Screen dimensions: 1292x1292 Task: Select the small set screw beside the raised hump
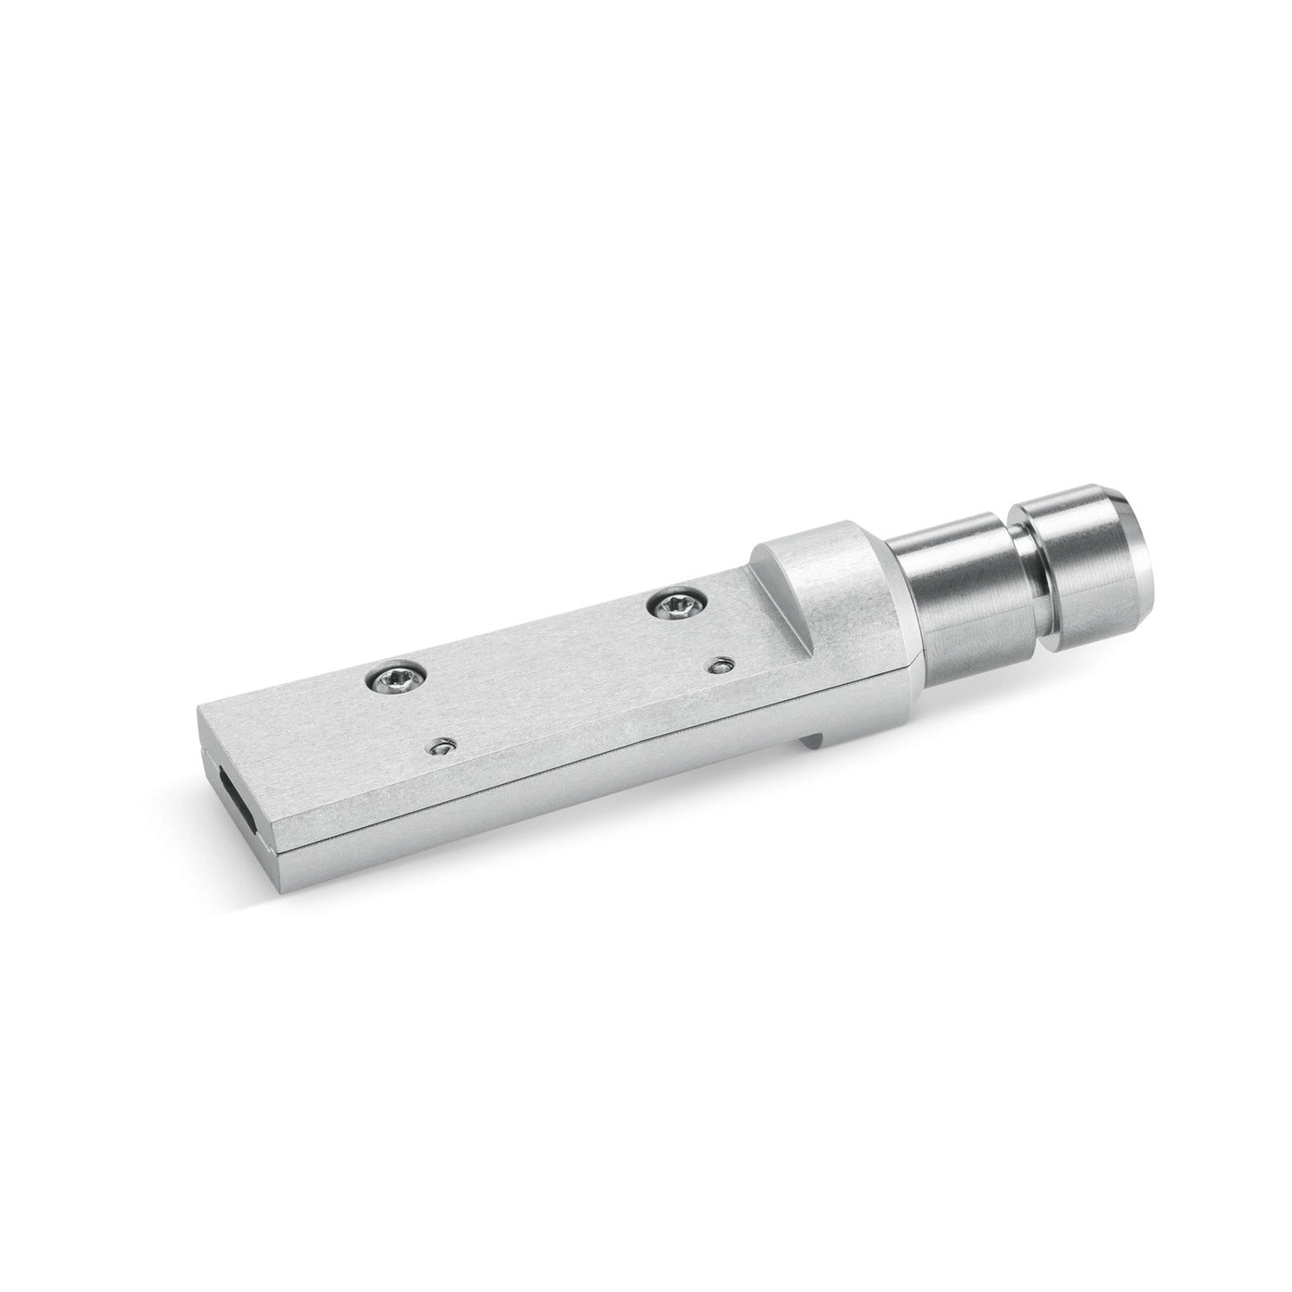click(x=721, y=664)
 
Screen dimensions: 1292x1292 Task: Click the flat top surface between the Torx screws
click(x=536, y=657)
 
